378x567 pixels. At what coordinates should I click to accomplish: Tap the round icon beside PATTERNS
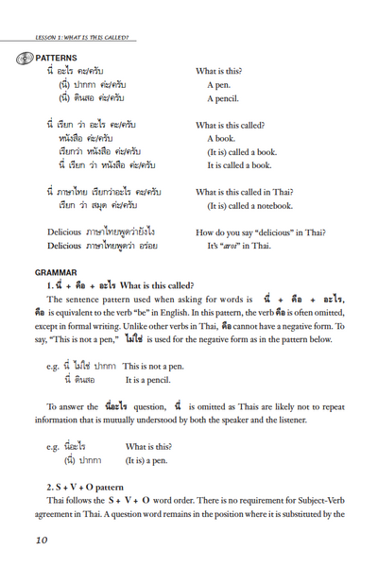pyautogui.click(x=24, y=58)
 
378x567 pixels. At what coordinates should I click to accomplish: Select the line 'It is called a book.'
pyautogui.click(x=251, y=165)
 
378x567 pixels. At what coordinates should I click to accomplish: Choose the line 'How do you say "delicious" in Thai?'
pyautogui.click(x=267, y=232)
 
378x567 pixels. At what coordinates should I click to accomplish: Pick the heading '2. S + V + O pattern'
pyautogui.click(x=92, y=486)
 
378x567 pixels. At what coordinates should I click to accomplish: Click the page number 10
pyautogui.click(x=41, y=540)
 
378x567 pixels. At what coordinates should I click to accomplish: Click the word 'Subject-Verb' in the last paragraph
pyautogui.click(x=316, y=500)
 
